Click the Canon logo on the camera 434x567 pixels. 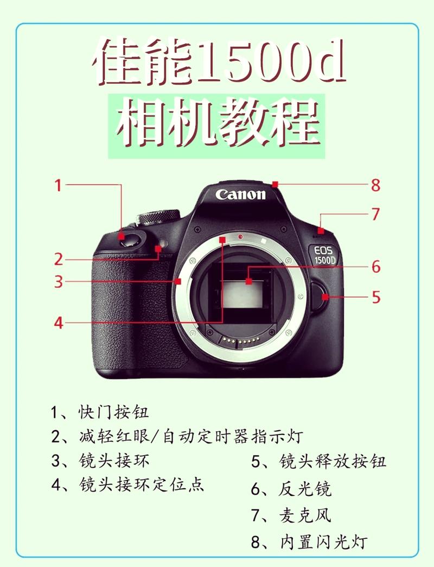240,194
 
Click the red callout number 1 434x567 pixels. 58,186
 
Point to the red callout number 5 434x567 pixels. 375,297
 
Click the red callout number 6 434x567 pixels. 375,267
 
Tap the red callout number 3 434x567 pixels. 58,282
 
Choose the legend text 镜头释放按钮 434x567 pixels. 332,462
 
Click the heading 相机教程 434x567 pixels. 217,122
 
